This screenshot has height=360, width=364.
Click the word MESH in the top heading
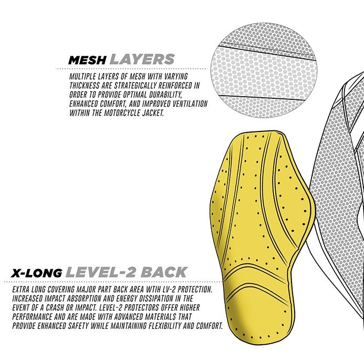pyautogui.click(x=87, y=60)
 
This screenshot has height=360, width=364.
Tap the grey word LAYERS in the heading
pyautogui.click(x=142, y=59)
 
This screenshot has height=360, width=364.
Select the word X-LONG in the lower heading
pyautogui.click(x=36, y=273)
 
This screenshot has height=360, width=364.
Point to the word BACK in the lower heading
pyautogui.click(x=164, y=272)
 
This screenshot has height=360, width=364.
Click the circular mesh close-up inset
pyautogui.click(x=264, y=70)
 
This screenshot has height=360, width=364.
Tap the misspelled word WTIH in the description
pyautogui.click(x=154, y=290)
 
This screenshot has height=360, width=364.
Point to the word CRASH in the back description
pyautogui.click(x=55, y=308)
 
